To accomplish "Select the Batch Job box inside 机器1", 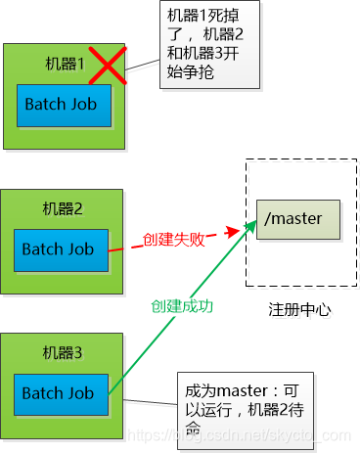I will coord(64,105).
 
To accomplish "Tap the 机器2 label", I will coord(64,208).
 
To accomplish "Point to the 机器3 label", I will coord(64,351).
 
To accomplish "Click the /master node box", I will coord(297,217).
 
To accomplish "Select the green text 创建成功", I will coord(184,306).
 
